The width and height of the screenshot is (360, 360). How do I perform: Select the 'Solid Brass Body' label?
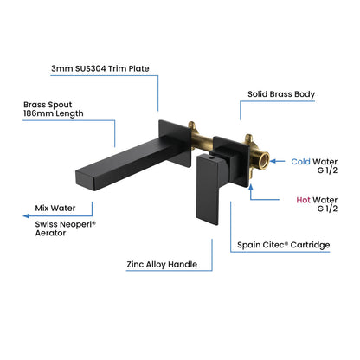(280, 93)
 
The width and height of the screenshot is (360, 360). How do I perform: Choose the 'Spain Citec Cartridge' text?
(284, 245)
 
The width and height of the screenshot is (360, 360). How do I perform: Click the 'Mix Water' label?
(55, 209)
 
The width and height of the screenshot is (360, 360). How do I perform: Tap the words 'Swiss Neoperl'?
(63, 223)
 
